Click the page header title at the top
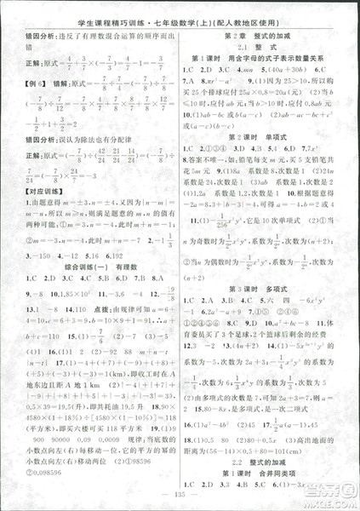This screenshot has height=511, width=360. coord(180,15)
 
